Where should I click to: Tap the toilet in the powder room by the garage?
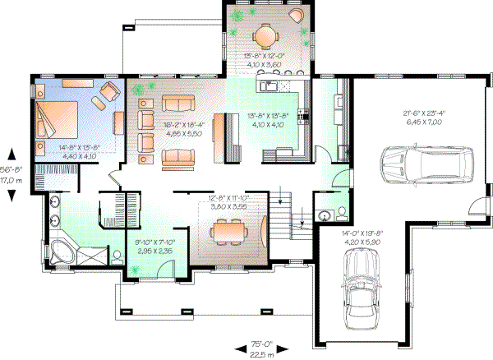[x=326, y=216]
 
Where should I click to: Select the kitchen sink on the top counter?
[x=267, y=85]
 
